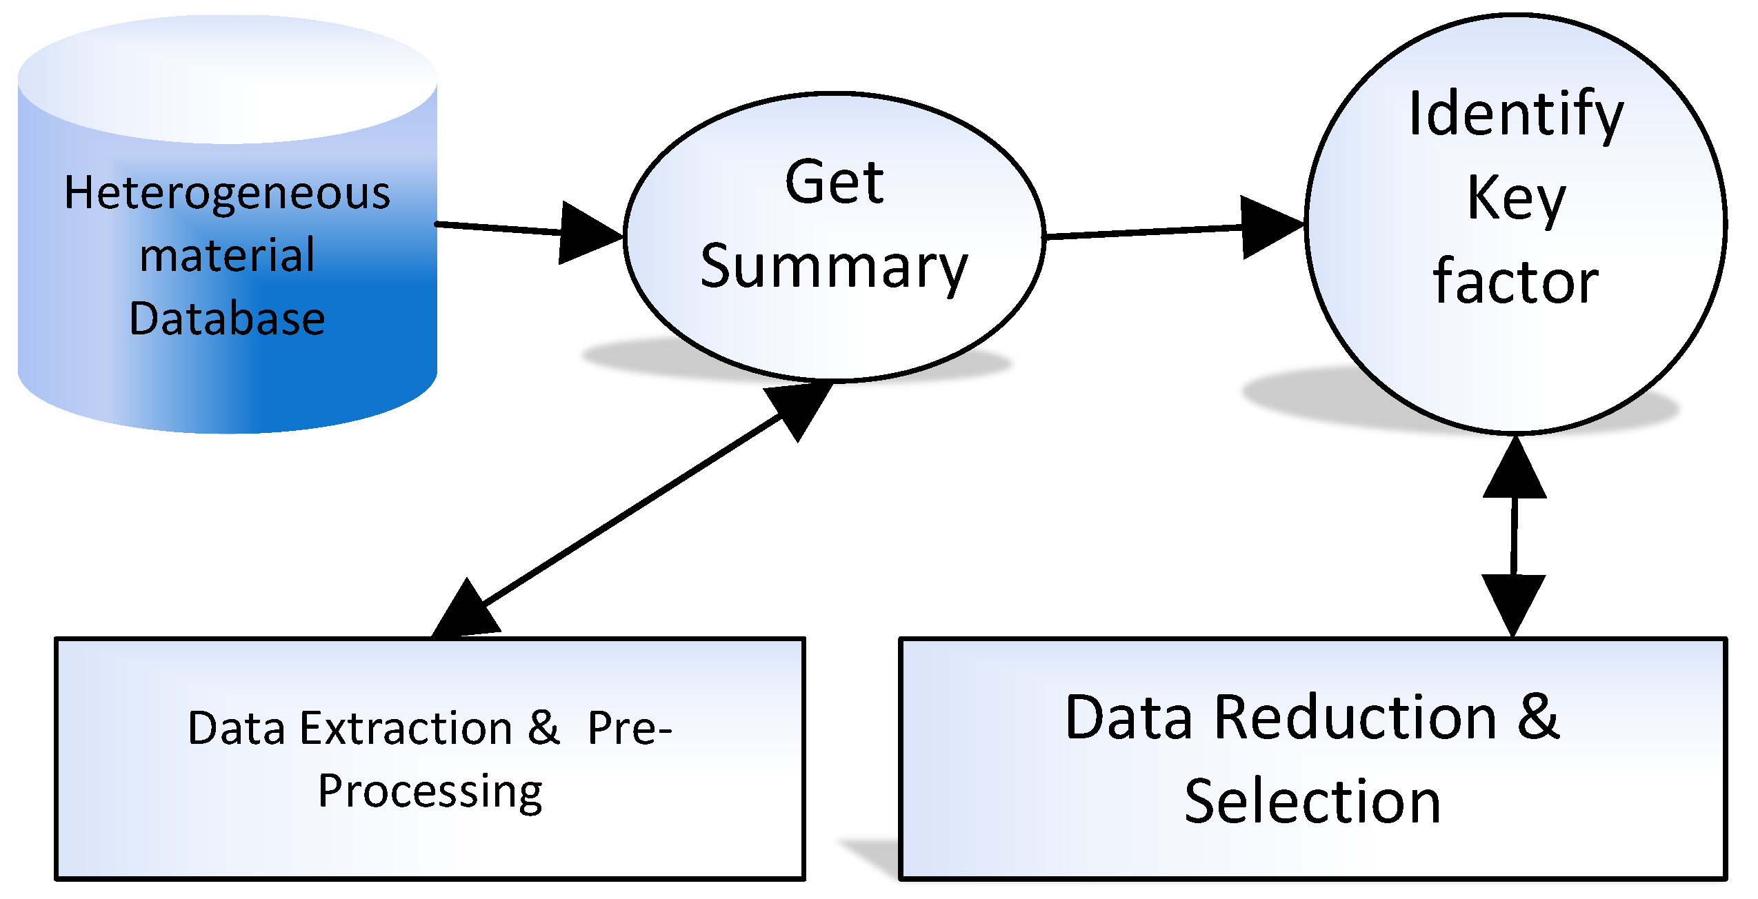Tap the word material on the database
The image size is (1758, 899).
coord(227,256)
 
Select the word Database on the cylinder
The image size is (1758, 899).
coord(227,319)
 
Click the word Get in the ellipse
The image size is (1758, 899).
coord(834,183)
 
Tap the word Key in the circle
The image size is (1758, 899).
coord(1516,199)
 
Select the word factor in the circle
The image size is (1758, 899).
coord(1515,283)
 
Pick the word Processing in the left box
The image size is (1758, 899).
coord(430,792)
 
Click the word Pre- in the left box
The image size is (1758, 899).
coord(629,729)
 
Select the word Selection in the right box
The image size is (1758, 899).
coord(1312,802)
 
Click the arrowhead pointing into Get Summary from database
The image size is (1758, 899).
coord(586,234)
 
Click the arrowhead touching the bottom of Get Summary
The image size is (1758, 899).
coord(800,407)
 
